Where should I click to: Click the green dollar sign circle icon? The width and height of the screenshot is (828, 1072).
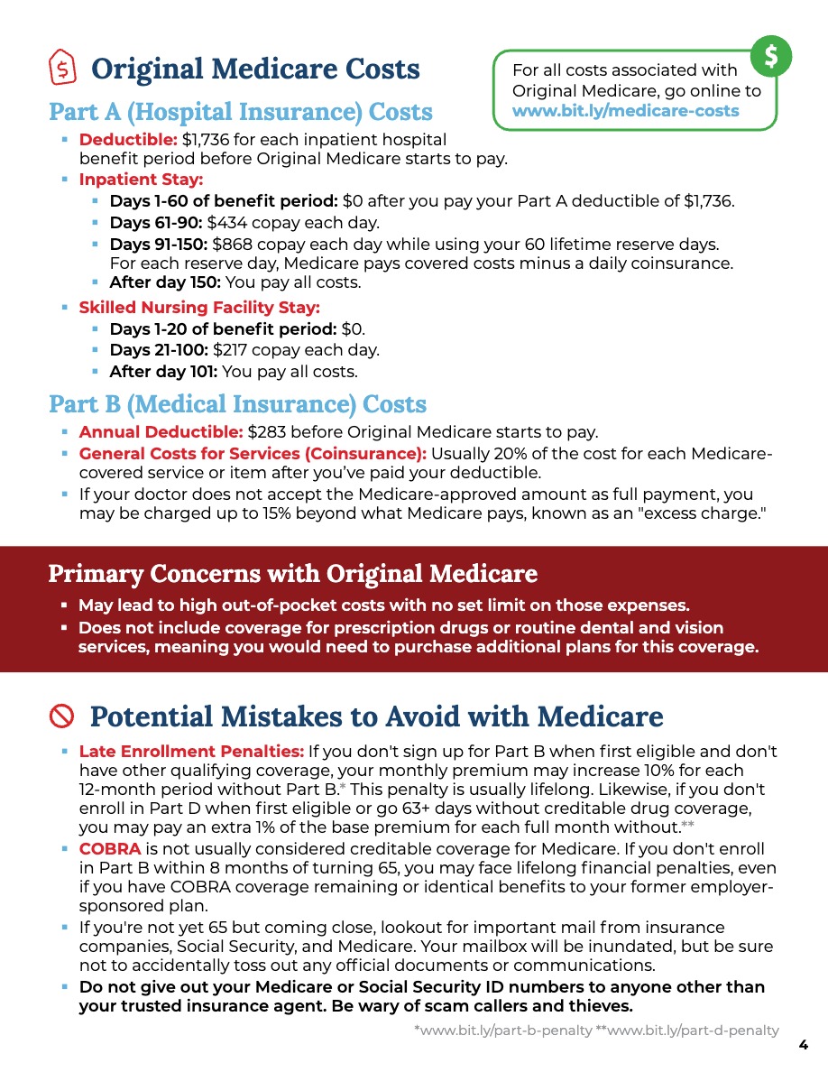[772, 56]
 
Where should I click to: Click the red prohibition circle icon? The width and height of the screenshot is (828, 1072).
[61, 716]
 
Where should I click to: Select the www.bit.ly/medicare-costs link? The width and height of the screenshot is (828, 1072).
[625, 111]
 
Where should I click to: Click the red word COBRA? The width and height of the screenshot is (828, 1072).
[109, 849]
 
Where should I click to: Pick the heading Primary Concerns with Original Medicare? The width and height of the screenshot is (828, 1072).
[292, 573]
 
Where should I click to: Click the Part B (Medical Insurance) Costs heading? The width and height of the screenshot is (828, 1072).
[237, 403]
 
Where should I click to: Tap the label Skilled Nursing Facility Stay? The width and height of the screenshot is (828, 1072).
[199, 308]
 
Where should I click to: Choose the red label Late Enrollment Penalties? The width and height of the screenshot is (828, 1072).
[191, 751]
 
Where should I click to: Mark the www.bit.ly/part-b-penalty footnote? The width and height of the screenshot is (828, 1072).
[502, 1030]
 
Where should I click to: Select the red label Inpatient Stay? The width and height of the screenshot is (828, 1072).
[141, 179]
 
